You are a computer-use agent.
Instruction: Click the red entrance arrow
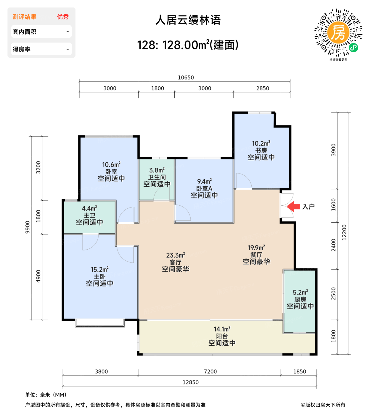pyautogui.click(x=294, y=206)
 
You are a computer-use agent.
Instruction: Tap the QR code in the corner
pyautogui.click(x=338, y=33)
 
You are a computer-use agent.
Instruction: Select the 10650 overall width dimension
pyautogui.click(x=186, y=77)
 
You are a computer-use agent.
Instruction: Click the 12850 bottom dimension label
pyautogui.click(x=190, y=382)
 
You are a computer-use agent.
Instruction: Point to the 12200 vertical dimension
pyautogui.click(x=344, y=232)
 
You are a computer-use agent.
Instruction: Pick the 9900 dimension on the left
pyautogui.click(x=28, y=227)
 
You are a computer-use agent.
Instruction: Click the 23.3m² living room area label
pyautogui.click(x=176, y=255)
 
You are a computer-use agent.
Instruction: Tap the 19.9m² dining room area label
pyautogui.click(x=256, y=248)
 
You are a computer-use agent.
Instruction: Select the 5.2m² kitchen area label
pyautogui.click(x=300, y=292)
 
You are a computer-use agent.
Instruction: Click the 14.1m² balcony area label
pyautogui.click(x=222, y=329)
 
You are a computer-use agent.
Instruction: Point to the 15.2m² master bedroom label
pyautogui.click(x=99, y=270)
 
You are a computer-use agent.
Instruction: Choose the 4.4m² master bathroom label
pyautogui.click(x=89, y=208)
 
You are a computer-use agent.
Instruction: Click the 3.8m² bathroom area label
pyautogui.click(x=157, y=170)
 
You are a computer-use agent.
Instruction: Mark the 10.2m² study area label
pyautogui.click(x=261, y=143)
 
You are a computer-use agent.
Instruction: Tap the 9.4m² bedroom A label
pyautogui.click(x=204, y=181)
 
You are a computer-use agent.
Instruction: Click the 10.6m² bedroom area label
pyautogui.click(x=111, y=165)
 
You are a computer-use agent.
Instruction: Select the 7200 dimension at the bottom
pyautogui.click(x=210, y=372)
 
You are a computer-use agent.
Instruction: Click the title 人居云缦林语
pyautogui.click(x=188, y=20)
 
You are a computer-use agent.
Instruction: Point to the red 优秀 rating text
pyautogui.click(x=63, y=17)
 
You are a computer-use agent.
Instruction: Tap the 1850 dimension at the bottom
pyautogui.click(x=299, y=372)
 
